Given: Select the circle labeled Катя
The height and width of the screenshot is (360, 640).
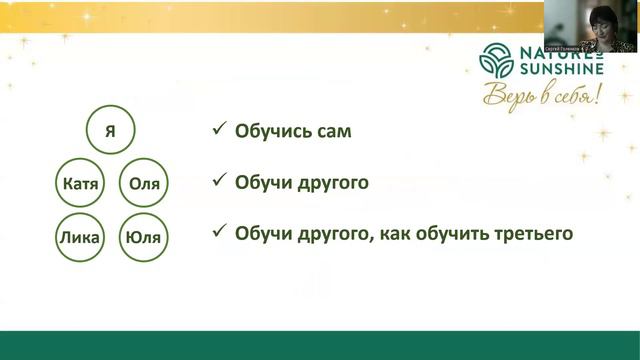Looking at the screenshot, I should [x=79, y=184].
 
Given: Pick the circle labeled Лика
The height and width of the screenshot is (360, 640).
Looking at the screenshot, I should [x=79, y=237].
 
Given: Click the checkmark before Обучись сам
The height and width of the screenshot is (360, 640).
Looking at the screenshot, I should [x=218, y=131].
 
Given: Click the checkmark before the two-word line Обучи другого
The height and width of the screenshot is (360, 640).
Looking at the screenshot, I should [x=218, y=183].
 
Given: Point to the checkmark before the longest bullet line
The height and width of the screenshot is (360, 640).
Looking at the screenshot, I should [x=218, y=234].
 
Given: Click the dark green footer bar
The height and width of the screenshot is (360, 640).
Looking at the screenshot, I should [x=320, y=344].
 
